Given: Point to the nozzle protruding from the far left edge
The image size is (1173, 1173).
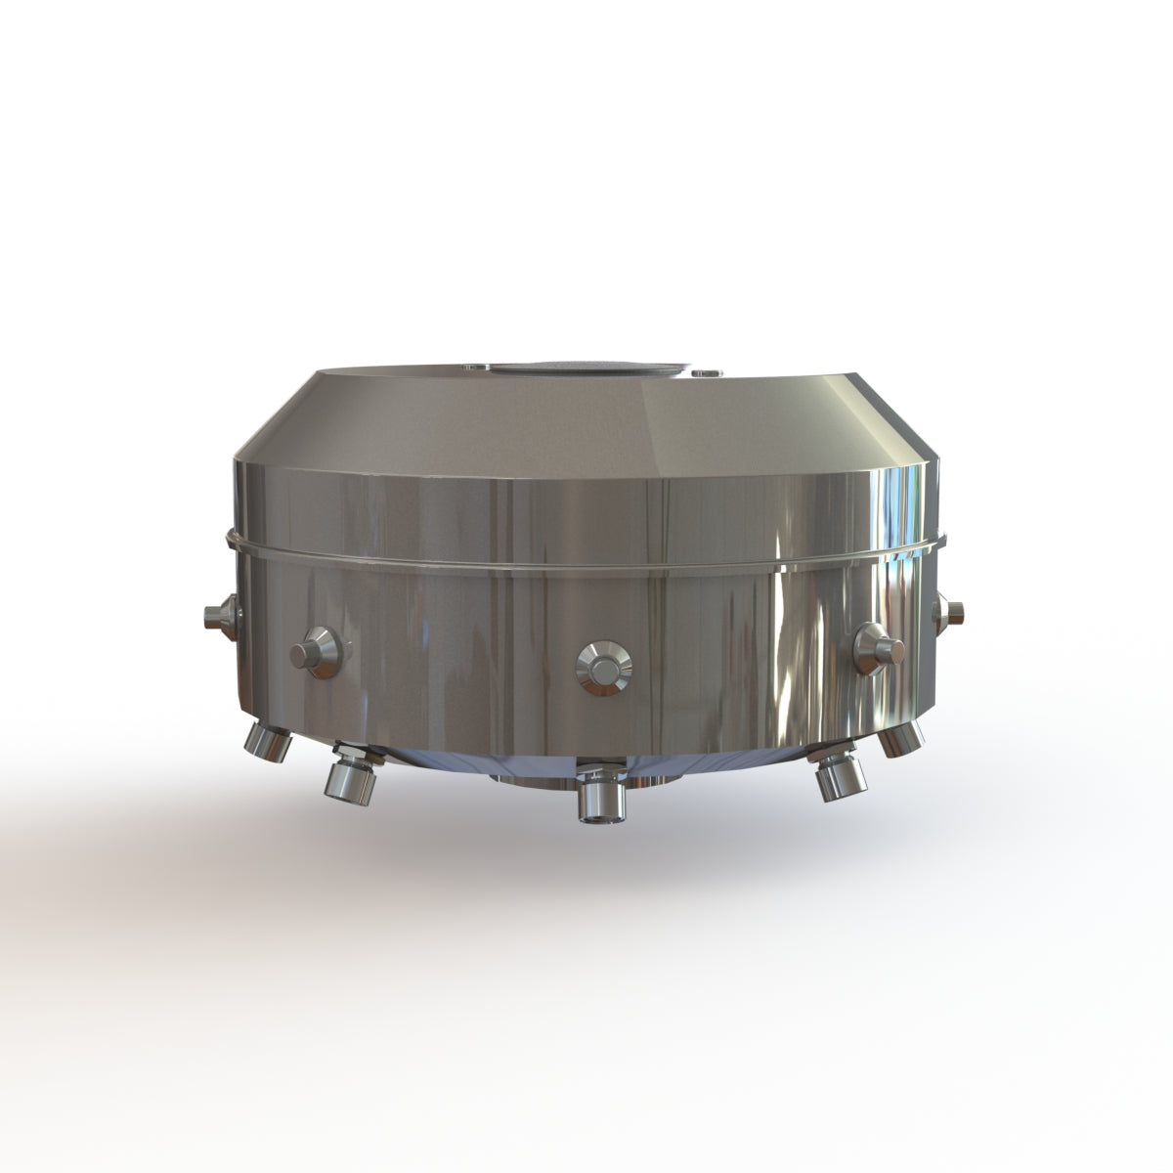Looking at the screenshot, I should (x=215, y=616).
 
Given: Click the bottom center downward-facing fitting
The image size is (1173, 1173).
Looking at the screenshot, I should (x=596, y=800).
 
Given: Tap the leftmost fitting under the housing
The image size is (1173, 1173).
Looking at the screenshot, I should (x=270, y=742).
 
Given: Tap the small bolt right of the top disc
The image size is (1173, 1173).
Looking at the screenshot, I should (x=703, y=372).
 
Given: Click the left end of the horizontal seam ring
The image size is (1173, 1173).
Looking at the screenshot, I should (x=231, y=538).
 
